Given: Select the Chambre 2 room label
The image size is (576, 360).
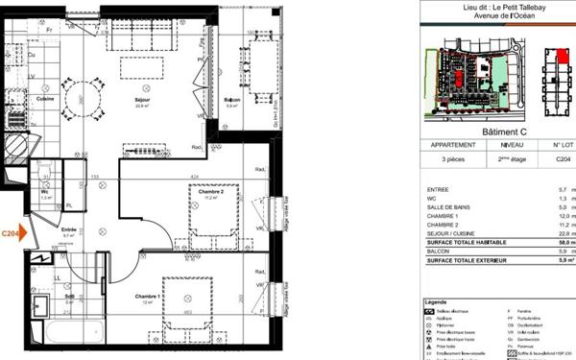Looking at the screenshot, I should pyautogui.click(x=211, y=192).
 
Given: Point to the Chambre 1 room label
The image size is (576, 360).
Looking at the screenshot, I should pyautogui.click(x=146, y=296).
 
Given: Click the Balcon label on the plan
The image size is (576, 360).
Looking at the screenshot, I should pyautogui.click(x=231, y=101).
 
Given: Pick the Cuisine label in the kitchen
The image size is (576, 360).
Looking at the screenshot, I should pyautogui.click(x=44, y=99).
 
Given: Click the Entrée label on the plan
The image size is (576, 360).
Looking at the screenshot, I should pyautogui.click(x=69, y=230).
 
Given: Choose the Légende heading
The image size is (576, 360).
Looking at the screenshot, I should pyautogui.click(x=436, y=303).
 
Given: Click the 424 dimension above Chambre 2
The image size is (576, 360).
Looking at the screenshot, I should pyautogui.click(x=195, y=177).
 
